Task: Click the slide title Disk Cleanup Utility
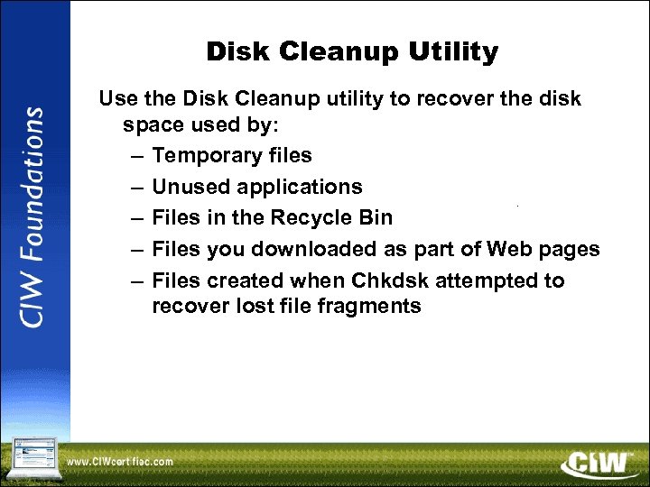coord(351,52)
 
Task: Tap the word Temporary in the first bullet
coord(200,156)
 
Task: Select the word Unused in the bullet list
coord(188,187)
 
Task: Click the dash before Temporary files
coord(135,156)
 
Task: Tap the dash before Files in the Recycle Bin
coord(135,218)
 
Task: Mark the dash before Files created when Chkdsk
coord(135,280)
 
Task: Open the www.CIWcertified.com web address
coord(120,463)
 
